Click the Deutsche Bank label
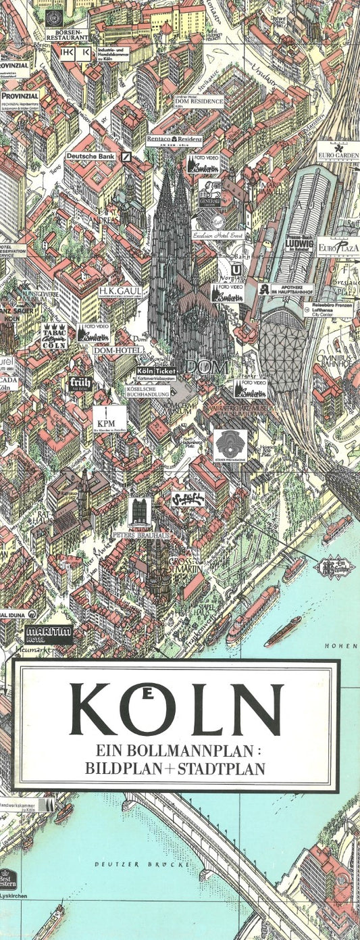point(93,156)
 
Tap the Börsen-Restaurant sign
point(68,34)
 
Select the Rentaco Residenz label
point(174,141)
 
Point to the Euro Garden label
point(338,151)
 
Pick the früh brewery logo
point(80,383)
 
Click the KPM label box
point(109,418)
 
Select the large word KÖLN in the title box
point(176,709)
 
